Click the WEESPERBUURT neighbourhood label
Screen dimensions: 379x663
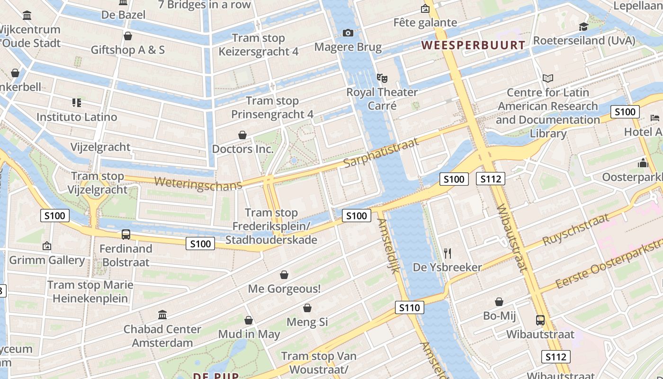(473, 45)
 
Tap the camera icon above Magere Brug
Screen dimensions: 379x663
(348, 33)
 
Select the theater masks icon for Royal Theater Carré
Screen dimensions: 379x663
(382, 78)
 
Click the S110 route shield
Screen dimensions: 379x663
(409, 307)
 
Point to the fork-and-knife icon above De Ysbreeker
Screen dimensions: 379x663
(448, 253)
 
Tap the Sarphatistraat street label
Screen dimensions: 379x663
(381, 153)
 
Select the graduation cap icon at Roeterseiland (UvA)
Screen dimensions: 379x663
(583, 27)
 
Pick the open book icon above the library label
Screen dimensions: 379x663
(548, 78)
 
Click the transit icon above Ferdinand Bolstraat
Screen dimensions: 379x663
(126, 234)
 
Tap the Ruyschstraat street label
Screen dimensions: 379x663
(575, 229)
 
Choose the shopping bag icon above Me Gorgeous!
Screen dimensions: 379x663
(284, 275)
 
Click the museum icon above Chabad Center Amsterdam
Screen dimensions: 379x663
(162, 315)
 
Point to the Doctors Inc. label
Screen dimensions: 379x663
(242, 149)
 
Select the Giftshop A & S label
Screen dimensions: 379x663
(128, 50)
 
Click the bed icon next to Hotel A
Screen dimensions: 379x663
(655, 117)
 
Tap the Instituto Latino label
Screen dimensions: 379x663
(77, 117)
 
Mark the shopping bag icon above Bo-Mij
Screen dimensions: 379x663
(499, 302)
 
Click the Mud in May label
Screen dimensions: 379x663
(249, 334)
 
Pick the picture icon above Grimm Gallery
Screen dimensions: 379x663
(46, 246)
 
